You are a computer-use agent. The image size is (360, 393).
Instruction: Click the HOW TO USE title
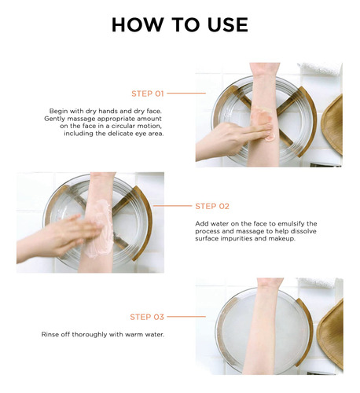(x=180, y=25)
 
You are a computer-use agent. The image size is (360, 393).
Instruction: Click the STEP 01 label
(x=148, y=94)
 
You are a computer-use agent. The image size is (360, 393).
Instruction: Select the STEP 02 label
(x=212, y=206)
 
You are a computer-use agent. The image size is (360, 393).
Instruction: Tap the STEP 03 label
(x=147, y=317)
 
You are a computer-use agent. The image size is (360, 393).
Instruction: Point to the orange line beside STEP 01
(x=186, y=93)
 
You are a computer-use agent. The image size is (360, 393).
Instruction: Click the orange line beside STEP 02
(x=173, y=206)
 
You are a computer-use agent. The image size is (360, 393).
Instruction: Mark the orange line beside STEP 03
(x=186, y=317)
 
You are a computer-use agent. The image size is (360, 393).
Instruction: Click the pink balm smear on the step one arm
(x=262, y=120)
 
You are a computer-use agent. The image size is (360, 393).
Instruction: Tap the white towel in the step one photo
(x=320, y=68)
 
